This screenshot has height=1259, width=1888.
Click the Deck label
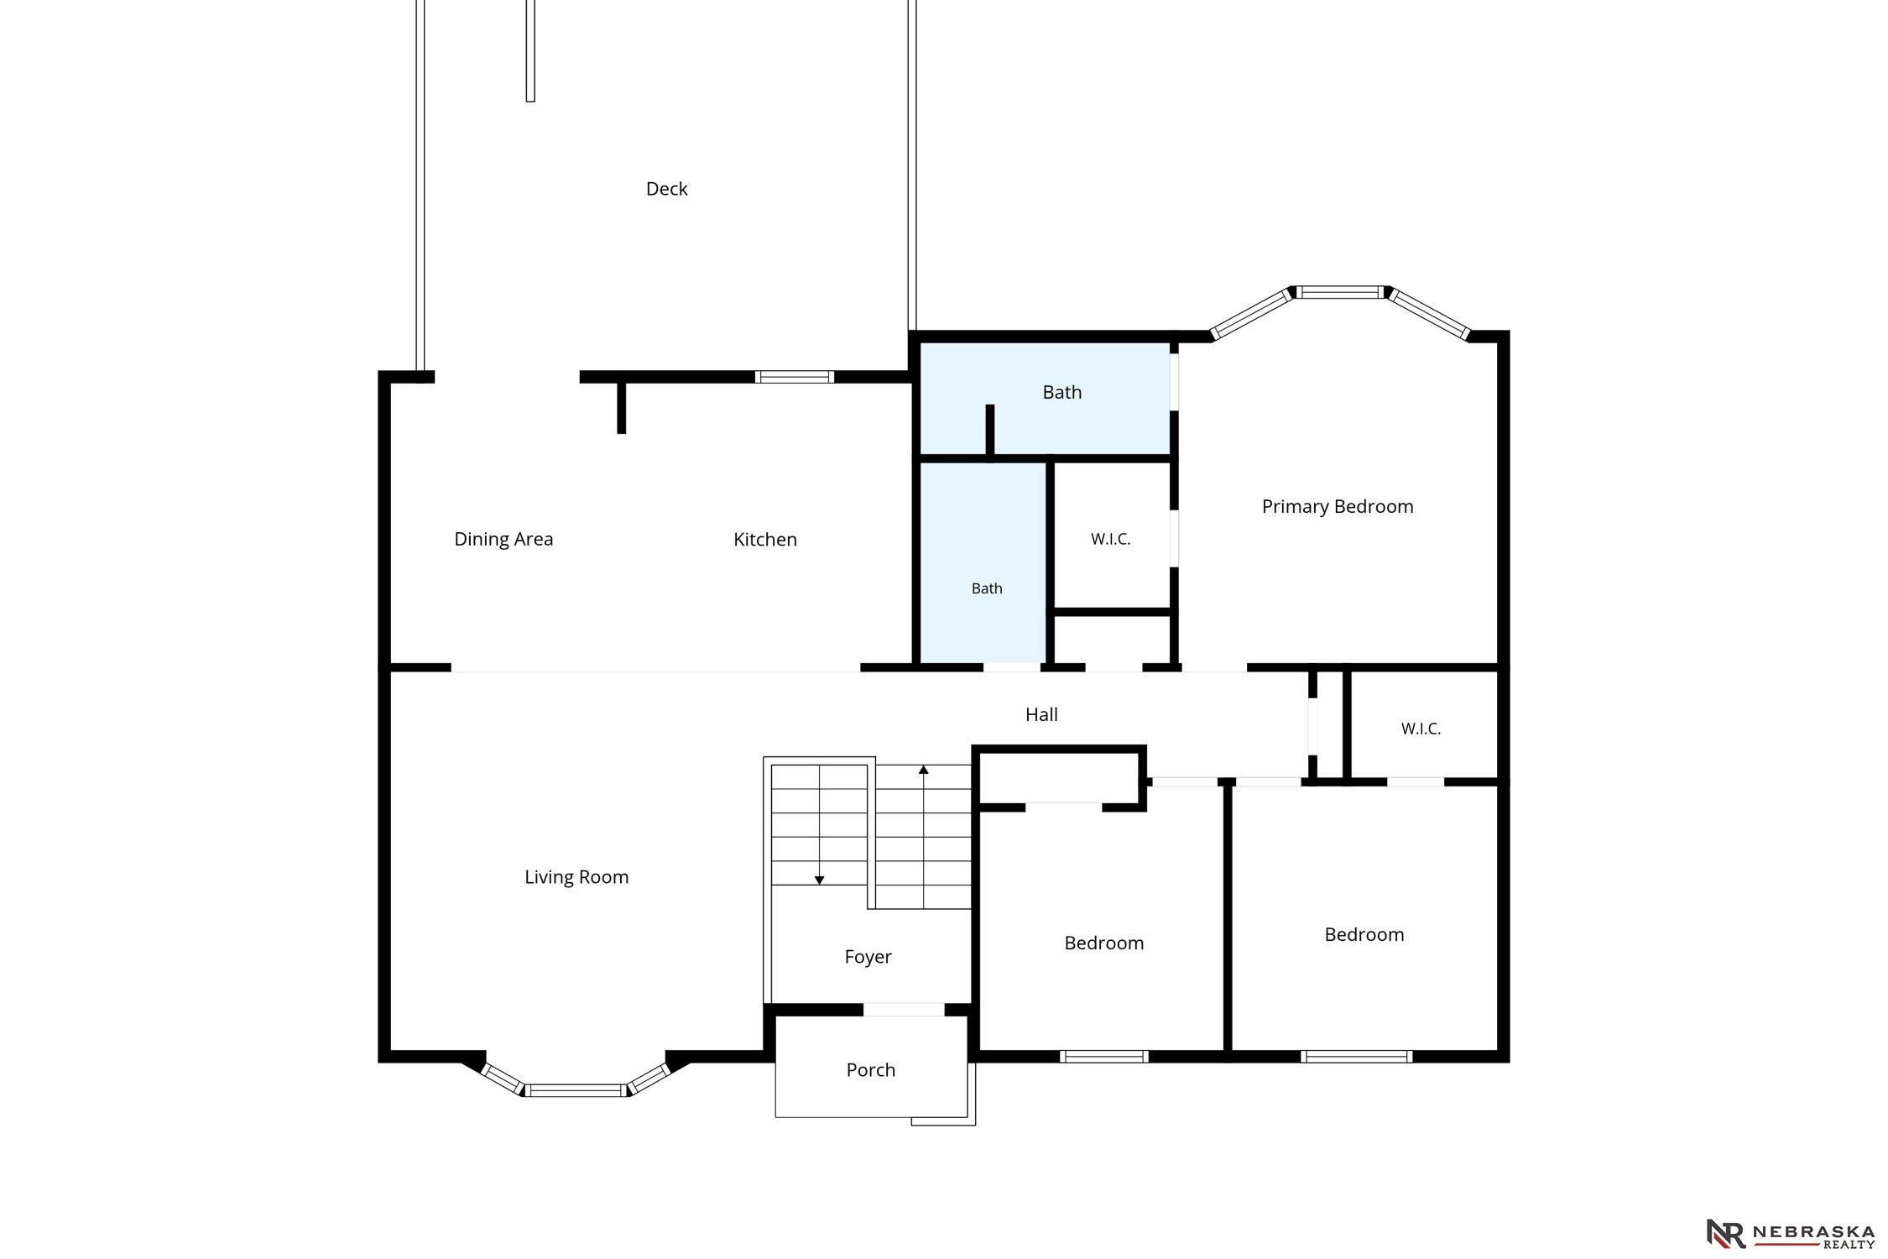[x=666, y=189]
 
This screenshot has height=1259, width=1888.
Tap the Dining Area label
[x=503, y=539]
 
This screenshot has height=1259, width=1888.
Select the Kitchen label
[x=765, y=539]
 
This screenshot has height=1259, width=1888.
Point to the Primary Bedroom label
[x=1338, y=506]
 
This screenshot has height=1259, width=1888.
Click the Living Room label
[x=576, y=877]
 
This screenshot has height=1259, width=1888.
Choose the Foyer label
[x=868, y=957]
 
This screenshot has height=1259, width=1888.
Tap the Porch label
[x=871, y=1070]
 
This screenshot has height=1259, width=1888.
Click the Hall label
[x=1041, y=714]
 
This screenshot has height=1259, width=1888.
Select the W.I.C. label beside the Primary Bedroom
[x=1111, y=540]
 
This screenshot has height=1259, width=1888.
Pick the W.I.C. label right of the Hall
[x=1421, y=729]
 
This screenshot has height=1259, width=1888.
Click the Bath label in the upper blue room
[x=1062, y=392]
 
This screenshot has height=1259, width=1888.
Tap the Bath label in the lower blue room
[x=987, y=588]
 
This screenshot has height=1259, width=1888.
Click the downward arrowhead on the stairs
[x=819, y=880]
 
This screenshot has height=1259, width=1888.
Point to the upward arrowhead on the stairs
[x=924, y=769]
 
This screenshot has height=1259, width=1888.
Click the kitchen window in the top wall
[x=794, y=377]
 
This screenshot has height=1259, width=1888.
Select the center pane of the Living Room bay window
[x=576, y=1090]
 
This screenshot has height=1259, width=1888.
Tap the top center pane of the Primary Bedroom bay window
[x=1340, y=292]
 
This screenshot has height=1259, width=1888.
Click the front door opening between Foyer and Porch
[x=904, y=1010]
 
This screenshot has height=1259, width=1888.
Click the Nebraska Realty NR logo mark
[x=1726, y=1233]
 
